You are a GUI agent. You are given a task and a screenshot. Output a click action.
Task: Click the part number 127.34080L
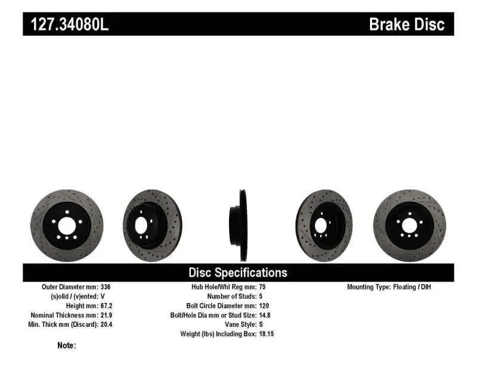(66, 24)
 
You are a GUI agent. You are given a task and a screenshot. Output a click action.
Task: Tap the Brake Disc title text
(407, 24)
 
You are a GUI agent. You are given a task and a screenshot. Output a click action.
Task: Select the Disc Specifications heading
(238, 273)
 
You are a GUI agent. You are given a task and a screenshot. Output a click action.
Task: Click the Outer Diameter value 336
(105, 287)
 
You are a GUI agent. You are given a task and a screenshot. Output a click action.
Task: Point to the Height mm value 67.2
(106, 305)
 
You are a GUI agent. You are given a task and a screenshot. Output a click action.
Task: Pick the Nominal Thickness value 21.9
(106, 315)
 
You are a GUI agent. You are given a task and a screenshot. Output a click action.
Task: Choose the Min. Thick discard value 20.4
(106, 325)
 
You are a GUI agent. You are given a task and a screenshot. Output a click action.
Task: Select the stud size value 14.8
(266, 315)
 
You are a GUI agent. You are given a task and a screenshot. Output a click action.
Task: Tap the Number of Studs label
(231, 296)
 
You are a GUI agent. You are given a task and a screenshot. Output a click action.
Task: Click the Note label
(66, 345)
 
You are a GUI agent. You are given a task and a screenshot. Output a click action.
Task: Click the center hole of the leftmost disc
(66, 226)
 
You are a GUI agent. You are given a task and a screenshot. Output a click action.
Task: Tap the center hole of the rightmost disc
(409, 226)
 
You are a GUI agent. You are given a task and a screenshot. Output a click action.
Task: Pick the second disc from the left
(148, 226)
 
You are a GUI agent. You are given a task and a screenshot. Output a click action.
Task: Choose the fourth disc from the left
(324, 226)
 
